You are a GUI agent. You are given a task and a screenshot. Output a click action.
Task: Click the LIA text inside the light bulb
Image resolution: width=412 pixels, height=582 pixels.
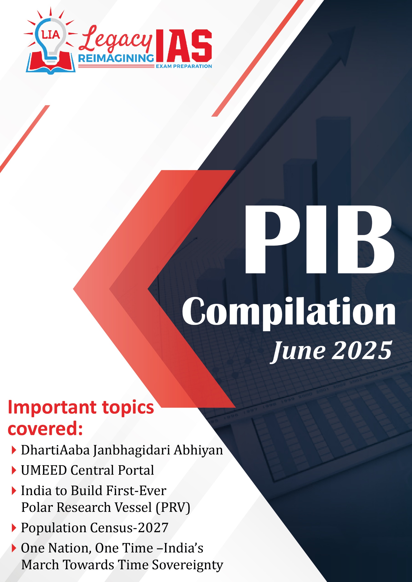(x=51, y=35)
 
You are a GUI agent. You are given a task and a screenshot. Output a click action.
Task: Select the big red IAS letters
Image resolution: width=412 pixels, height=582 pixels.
(x=184, y=46)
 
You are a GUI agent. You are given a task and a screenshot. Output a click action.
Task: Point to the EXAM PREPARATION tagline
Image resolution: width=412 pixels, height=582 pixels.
(x=184, y=66)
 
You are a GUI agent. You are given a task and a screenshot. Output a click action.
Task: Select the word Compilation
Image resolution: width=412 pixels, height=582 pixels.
(x=289, y=313)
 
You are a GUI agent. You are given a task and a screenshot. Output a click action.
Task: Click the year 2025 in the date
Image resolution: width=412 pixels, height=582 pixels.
(x=362, y=351)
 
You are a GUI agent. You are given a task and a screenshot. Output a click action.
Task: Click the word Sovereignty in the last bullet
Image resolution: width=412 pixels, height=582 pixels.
(x=188, y=565)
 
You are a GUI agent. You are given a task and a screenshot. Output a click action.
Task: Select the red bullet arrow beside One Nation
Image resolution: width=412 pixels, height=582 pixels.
(x=14, y=548)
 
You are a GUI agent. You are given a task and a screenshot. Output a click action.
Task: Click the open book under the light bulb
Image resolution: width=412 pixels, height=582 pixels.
(x=51, y=63)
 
